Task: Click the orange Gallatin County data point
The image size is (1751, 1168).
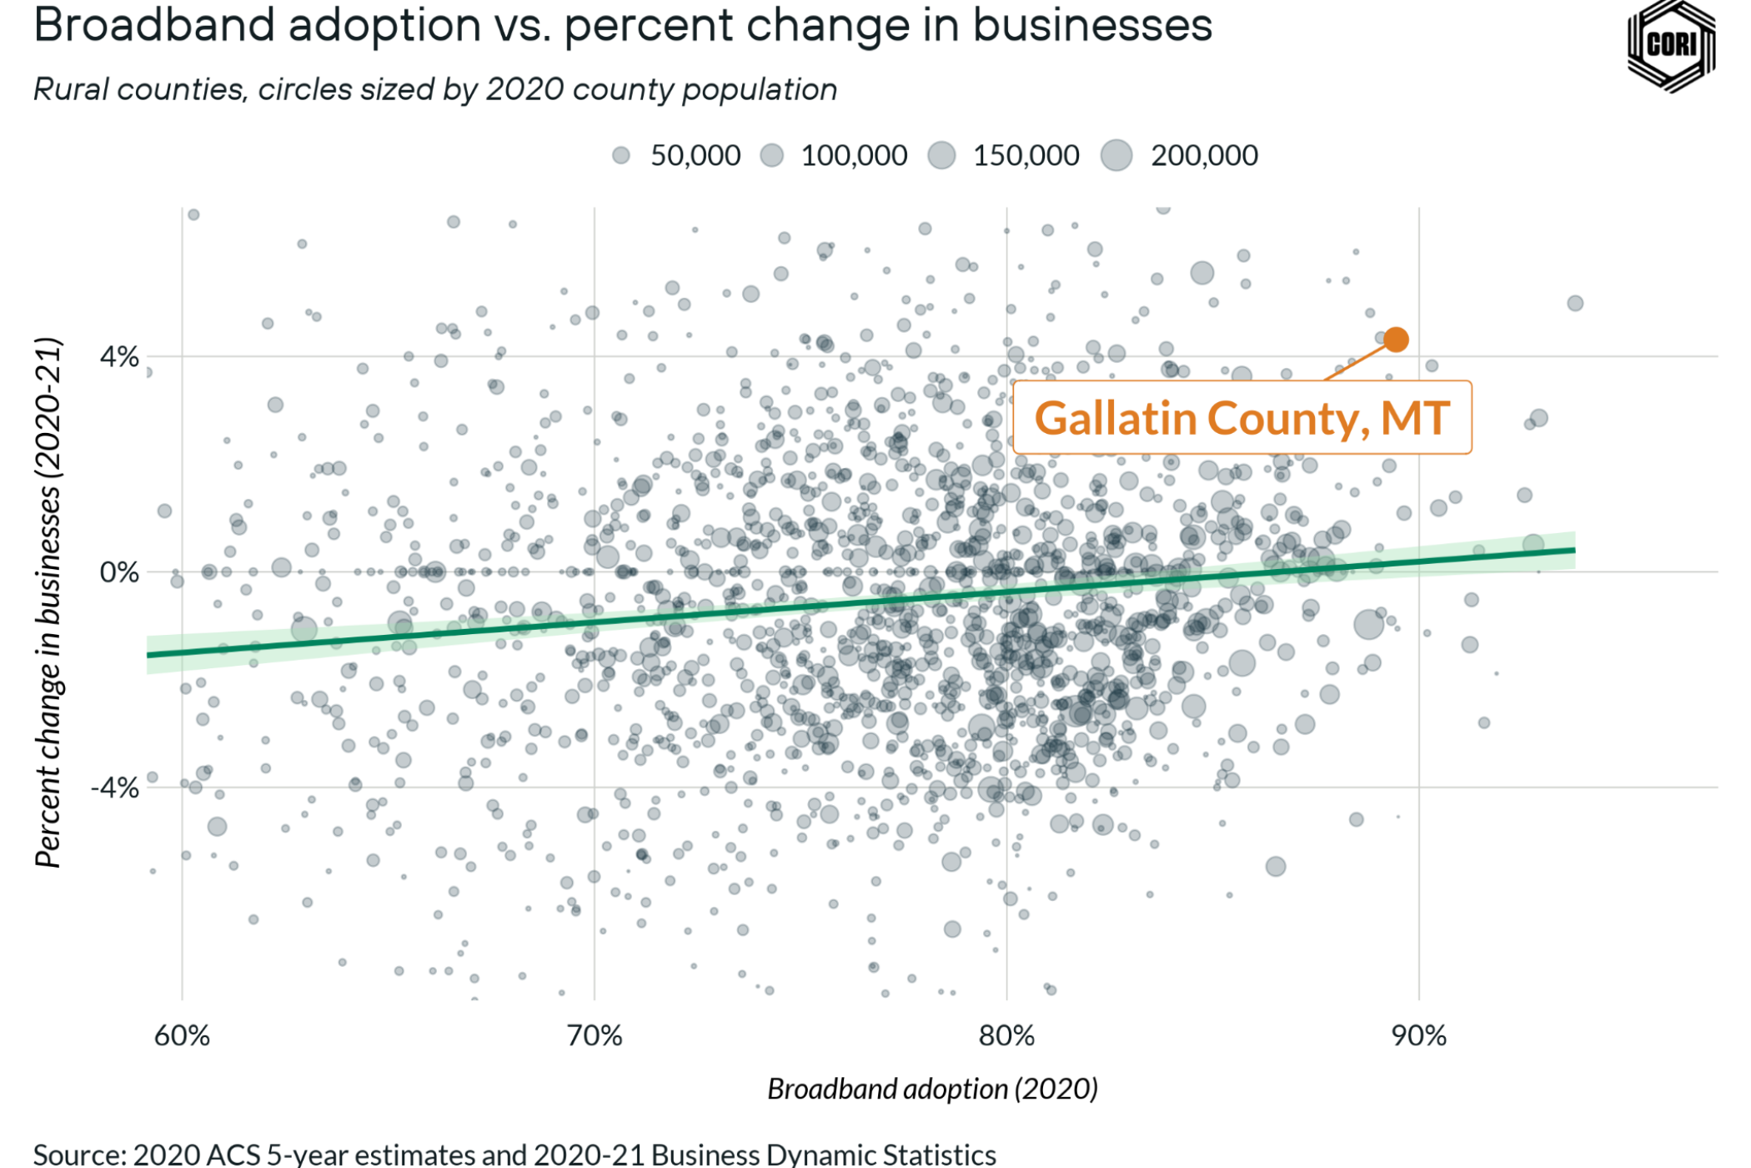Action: click(1396, 340)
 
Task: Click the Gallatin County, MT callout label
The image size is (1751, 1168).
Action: click(1242, 418)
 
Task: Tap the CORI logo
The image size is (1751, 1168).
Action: click(1671, 45)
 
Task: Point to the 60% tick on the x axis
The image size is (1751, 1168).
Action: click(182, 1035)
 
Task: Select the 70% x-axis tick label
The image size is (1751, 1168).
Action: click(594, 1035)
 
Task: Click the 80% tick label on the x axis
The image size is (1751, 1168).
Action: click(1006, 1035)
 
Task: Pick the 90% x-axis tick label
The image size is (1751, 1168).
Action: click(1418, 1035)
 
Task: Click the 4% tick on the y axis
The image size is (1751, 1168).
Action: click(119, 357)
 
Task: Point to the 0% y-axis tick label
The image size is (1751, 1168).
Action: click(119, 572)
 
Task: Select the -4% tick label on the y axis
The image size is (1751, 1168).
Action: click(115, 788)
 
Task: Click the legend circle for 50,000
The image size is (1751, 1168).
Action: click(621, 155)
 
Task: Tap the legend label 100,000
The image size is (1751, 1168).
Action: click(854, 155)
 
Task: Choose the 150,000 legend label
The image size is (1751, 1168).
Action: click(1026, 155)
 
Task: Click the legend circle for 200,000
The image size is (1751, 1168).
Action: click(1116, 155)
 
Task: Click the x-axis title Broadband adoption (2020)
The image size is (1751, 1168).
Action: click(932, 1089)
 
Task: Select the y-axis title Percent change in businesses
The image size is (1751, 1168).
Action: click(48, 602)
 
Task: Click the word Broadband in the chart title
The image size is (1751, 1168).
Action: click(154, 25)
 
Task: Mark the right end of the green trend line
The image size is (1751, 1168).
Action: click(1573, 550)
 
